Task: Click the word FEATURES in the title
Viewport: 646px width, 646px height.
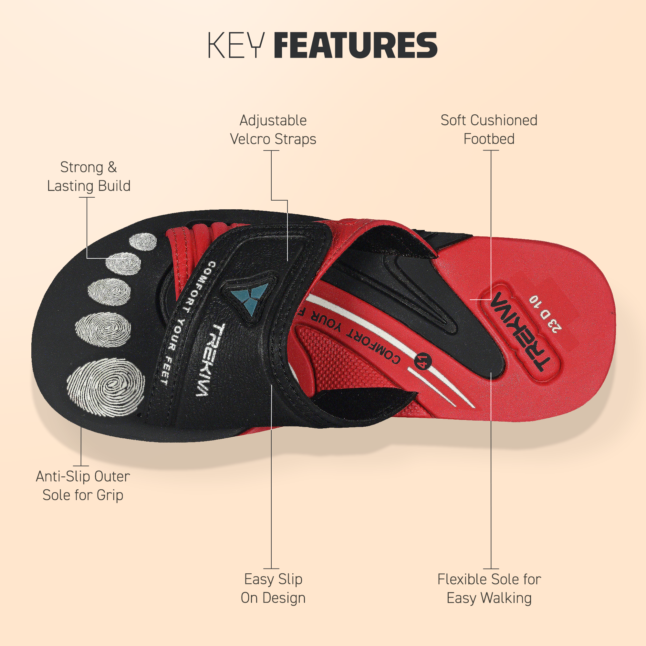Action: point(355,45)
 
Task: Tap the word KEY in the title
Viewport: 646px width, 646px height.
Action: point(236,45)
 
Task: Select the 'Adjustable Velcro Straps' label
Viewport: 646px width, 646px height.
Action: point(273,130)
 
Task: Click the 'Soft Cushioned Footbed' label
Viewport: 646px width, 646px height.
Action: point(489,130)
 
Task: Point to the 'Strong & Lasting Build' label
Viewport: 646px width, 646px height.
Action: point(89,177)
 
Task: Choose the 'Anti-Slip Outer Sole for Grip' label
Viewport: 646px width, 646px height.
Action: point(83,485)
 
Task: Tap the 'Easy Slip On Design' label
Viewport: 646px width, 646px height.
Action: point(273,589)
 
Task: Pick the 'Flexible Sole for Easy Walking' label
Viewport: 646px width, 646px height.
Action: point(489,589)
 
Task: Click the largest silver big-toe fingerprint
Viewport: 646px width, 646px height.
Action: point(106,387)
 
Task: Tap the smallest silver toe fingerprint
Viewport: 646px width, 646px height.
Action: point(143,241)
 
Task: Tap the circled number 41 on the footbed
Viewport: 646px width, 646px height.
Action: point(423,361)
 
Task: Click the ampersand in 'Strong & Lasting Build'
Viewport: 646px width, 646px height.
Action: point(112,167)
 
